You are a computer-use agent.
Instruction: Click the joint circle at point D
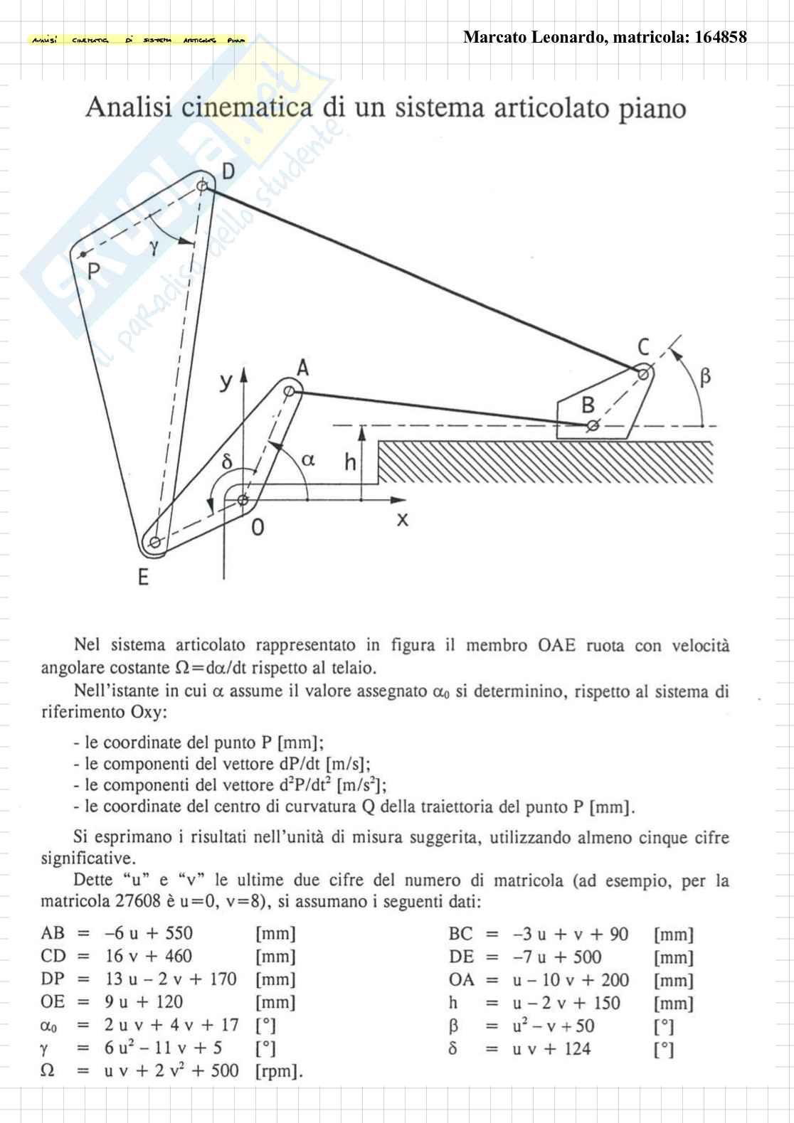tap(203, 186)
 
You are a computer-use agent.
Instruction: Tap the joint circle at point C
tap(642, 373)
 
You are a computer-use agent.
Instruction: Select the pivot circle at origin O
tap(243, 501)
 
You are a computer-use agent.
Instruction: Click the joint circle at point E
tap(154, 543)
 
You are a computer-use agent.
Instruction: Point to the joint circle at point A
tap(289, 391)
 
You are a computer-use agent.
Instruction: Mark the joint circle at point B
tap(592, 426)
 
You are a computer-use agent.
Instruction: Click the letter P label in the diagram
tap(93, 272)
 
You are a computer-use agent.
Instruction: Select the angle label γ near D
tap(154, 247)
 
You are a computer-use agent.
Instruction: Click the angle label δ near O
tap(227, 462)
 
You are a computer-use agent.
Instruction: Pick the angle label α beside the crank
tap(307, 459)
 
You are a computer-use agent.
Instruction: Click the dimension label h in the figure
tap(350, 462)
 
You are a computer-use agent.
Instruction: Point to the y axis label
tap(226, 382)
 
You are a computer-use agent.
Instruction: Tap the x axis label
tap(403, 520)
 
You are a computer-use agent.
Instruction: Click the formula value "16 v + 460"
tap(148, 957)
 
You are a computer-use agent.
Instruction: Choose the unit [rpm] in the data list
tap(279, 1071)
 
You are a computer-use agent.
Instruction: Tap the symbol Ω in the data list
tap(48, 1070)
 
